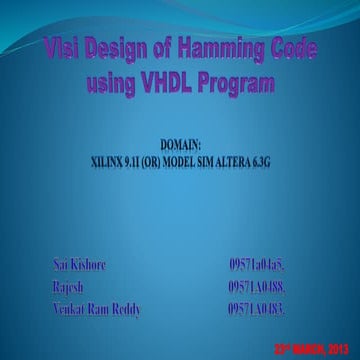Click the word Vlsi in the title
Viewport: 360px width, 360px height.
65,49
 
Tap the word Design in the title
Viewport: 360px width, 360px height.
122,49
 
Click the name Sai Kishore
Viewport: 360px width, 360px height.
79,267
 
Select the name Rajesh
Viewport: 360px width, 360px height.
67,288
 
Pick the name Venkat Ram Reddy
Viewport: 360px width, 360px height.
96,309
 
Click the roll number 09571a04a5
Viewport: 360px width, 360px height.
261,267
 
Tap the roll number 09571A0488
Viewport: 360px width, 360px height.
261,288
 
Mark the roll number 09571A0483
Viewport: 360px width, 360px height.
261,309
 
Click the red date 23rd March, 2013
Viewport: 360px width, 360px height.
312,346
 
